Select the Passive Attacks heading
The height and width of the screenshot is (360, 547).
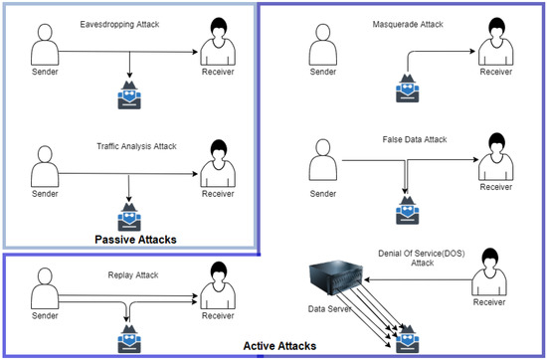click(135, 240)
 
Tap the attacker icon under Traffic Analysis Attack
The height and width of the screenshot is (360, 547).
click(132, 216)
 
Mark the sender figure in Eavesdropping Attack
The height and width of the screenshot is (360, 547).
click(44, 46)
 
